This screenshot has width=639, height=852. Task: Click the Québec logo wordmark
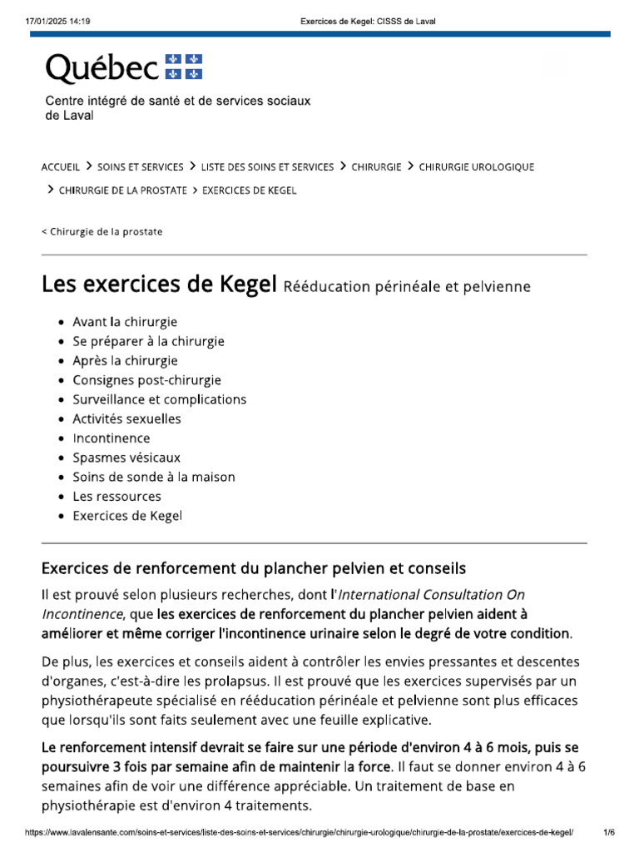pyautogui.click(x=102, y=68)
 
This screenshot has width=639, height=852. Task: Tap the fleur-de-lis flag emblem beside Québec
pyautogui.click(x=184, y=67)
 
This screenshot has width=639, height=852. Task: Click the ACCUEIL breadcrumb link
pyautogui.click(x=61, y=166)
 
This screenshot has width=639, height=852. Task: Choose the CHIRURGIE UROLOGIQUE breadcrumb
pyautogui.click(x=476, y=166)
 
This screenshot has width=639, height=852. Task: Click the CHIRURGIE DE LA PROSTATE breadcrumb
pyautogui.click(x=123, y=191)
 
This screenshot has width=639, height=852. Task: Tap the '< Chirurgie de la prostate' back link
pyautogui.click(x=102, y=231)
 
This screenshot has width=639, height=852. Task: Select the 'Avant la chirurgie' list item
pyautogui.click(x=125, y=322)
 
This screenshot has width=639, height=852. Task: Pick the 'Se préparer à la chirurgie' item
pyautogui.click(x=148, y=341)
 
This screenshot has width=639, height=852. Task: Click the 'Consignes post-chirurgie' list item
pyautogui.click(x=146, y=380)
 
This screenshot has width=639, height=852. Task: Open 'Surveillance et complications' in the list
pyautogui.click(x=159, y=399)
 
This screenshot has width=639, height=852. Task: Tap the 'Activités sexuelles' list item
pyautogui.click(x=126, y=419)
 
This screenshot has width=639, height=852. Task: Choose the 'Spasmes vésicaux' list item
pyautogui.click(x=126, y=458)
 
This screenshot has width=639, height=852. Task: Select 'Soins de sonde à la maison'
pyautogui.click(x=154, y=477)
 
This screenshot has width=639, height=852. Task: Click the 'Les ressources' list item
pyautogui.click(x=116, y=497)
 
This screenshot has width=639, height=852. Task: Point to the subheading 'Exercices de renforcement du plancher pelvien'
pyautogui.click(x=254, y=568)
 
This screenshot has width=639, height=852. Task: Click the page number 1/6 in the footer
pyautogui.click(x=609, y=832)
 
